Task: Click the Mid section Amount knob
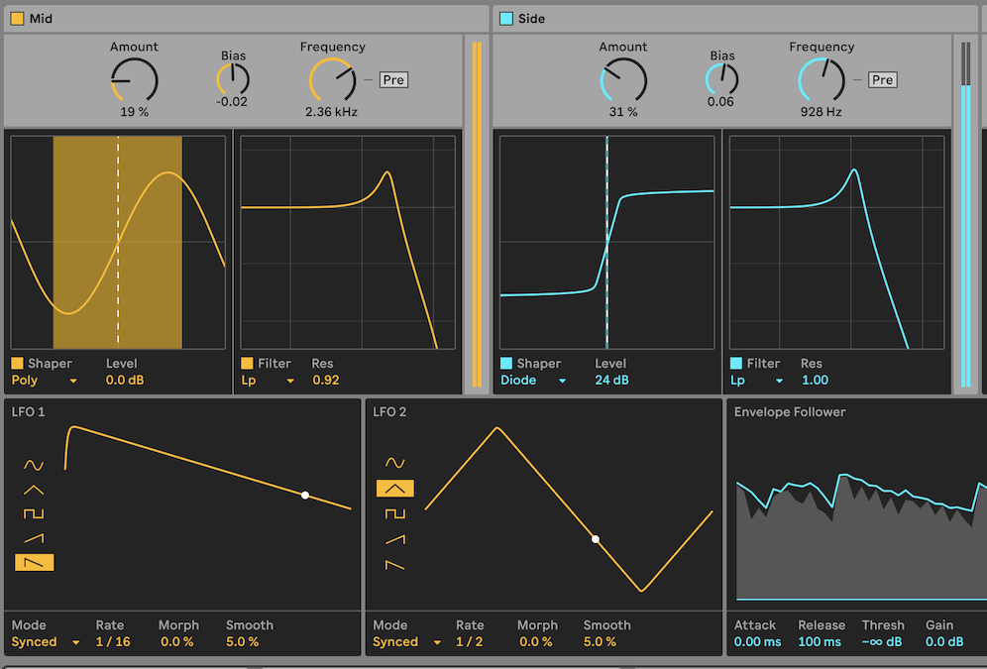point(134,79)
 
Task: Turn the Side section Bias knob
point(722,79)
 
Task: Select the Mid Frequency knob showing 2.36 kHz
point(332,79)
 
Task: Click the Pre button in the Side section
point(882,80)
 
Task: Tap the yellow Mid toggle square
point(17,19)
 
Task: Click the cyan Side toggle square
point(506,19)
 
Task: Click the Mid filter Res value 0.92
point(325,381)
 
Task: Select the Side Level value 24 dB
point(611,381)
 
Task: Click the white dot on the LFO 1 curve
point(305,495)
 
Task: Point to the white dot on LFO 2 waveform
point(596,539)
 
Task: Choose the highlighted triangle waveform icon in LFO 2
point(395,488)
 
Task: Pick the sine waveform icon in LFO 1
point(35,465)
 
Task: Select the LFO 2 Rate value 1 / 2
point(469,642)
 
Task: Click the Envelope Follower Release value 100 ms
point(819,642)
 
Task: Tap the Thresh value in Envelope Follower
point(881,642)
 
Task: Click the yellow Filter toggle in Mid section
point(247,364)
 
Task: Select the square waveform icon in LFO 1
point(35,513)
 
